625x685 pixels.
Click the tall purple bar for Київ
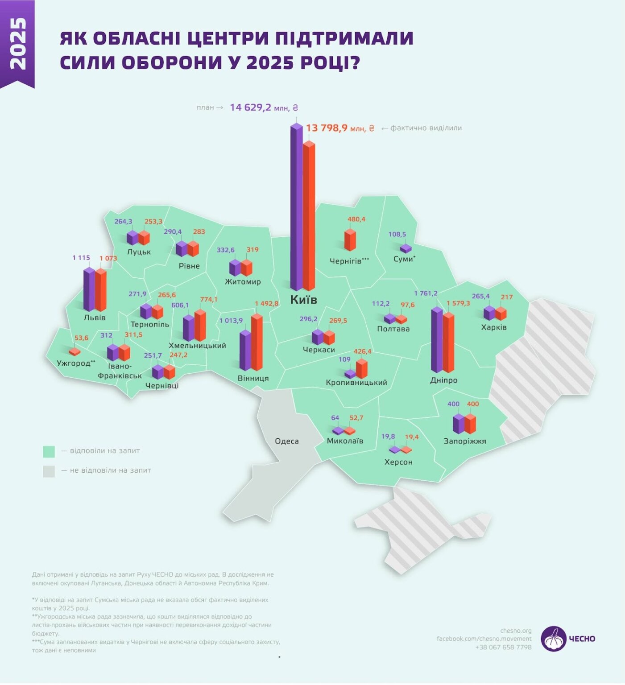[296, 210]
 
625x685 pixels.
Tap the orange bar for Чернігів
[350, 240]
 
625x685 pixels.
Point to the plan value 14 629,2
[250, 107]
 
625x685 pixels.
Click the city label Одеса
[286, 442]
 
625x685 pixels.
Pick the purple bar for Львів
[89, 290]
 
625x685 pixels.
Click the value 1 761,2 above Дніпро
[426, 293]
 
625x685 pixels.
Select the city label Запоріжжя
[464, 442]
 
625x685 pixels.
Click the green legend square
[49, 452]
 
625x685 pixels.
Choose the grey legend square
[49, 471]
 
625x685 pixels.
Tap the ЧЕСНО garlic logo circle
[553, 639]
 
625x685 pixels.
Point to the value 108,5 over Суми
[397, 235]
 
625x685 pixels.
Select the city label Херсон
[398, 462]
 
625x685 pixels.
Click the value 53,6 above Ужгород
[81, 338]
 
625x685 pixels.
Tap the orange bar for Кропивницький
[361, 368]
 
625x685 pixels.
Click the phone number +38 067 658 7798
[503, 648]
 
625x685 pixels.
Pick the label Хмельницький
[197, 346]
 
